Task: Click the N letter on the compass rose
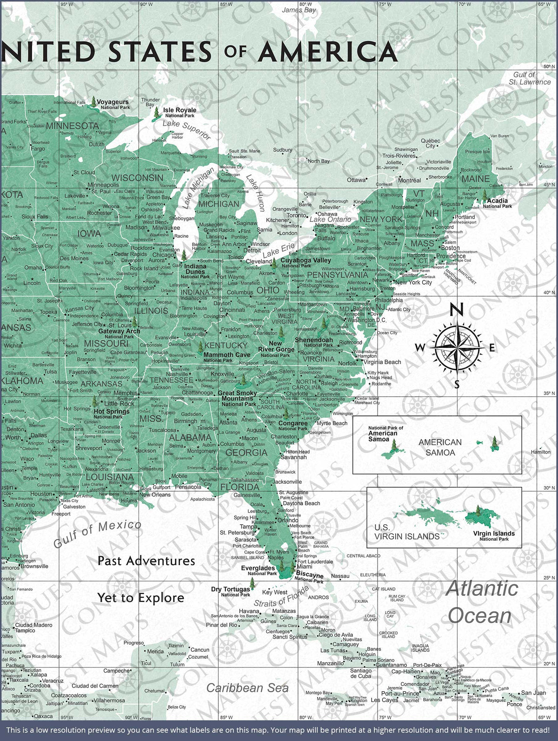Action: tap(457, 310)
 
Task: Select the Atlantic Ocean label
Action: tap(481, 602)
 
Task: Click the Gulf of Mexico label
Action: tap(97, 534)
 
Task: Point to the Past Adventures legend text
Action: tap(146, 561)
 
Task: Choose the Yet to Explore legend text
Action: tap(140, 598)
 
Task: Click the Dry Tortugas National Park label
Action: tap(230, 591)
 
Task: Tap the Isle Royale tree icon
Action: tap(157, 112)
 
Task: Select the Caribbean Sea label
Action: tap(247, 688)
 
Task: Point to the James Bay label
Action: tap(299, 10)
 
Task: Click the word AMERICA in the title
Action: tap(327, 52)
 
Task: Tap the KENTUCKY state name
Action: tap(226, 345)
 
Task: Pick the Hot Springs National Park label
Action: tap(112, 414)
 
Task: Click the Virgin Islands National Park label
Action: tap(494, 536)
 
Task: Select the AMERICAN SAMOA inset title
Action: tap(440, 447)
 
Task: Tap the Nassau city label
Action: tap(340, 576)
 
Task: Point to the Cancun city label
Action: tap(199, 650)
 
